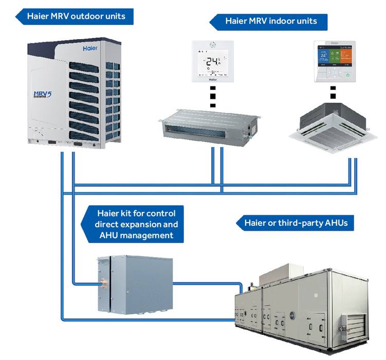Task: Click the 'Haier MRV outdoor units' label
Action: [x=76, y=16]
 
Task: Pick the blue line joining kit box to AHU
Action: [x=206, y=282]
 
